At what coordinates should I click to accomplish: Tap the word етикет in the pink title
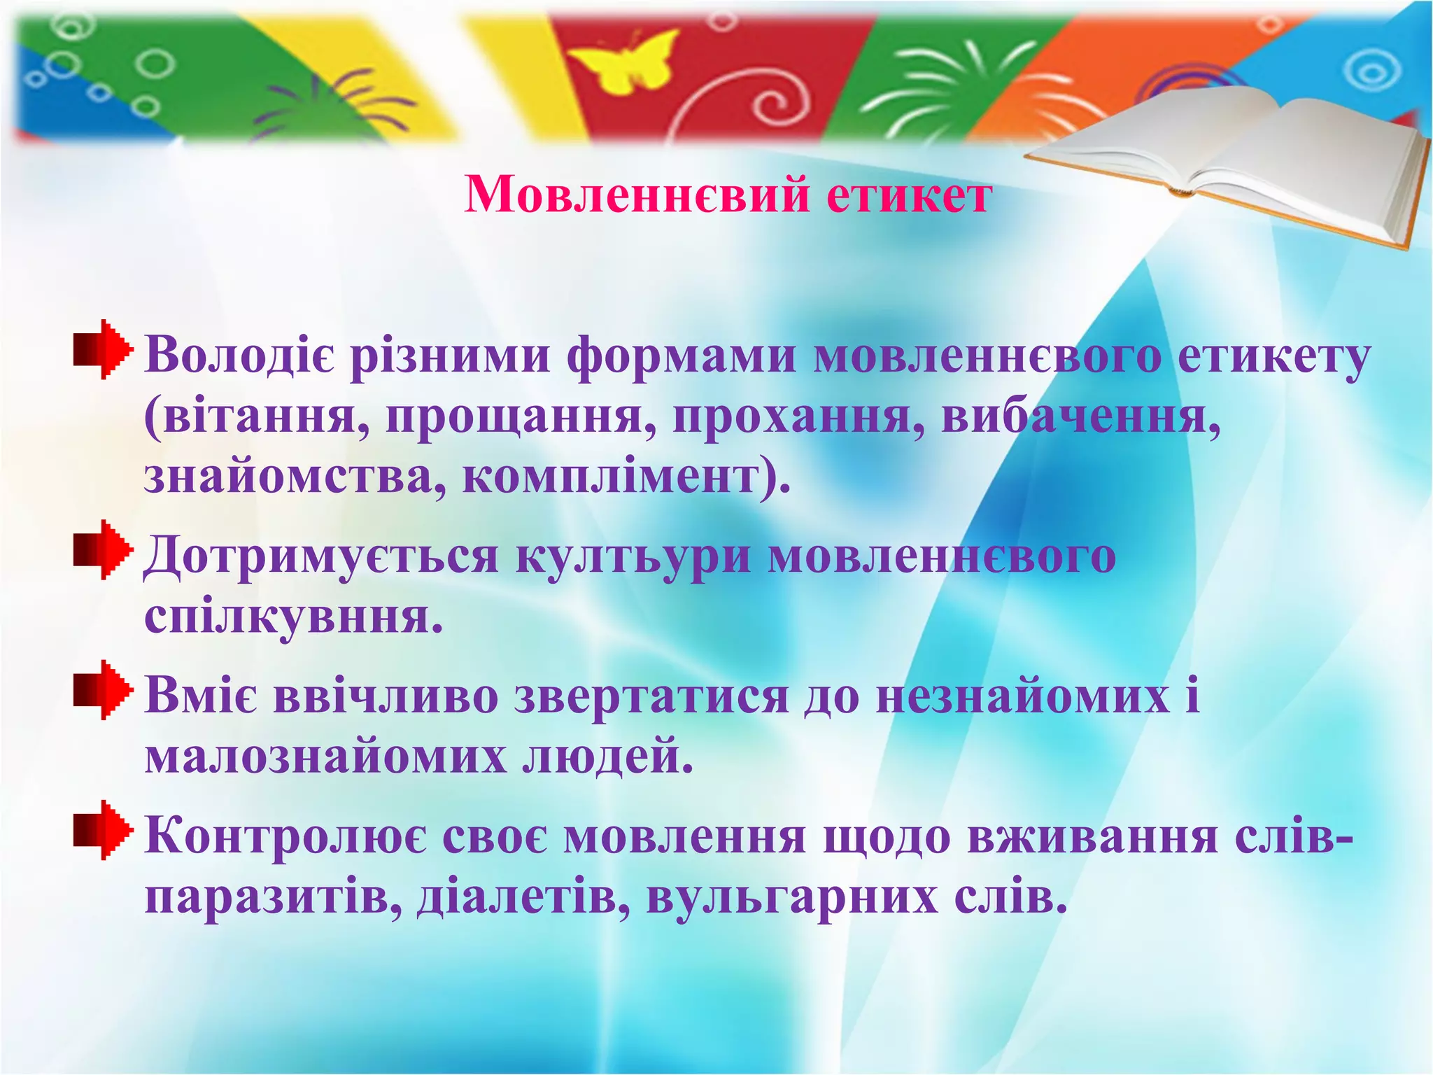908,194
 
